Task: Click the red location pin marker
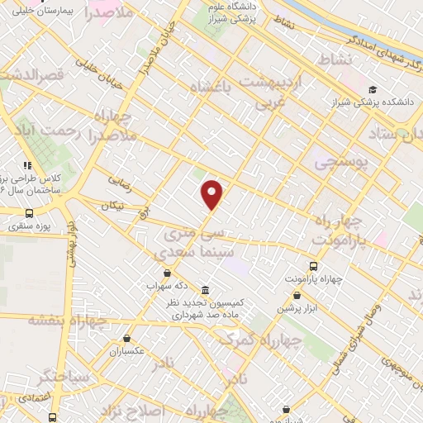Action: pyautogui.click(x=212, y=193)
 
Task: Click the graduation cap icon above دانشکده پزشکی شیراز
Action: pyautogui.click(x=373, y=89)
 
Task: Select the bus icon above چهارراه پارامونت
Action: pyautogui.click(x=312, y=266)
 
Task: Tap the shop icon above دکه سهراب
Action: pyautogui.click(x=168, y=273)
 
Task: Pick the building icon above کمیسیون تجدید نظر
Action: pyautogui.click(x=205, y=290)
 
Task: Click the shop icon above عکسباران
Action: pyautogui.click(x=126, y=338)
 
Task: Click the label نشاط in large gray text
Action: pyautogui.click(x=334, y=59)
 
